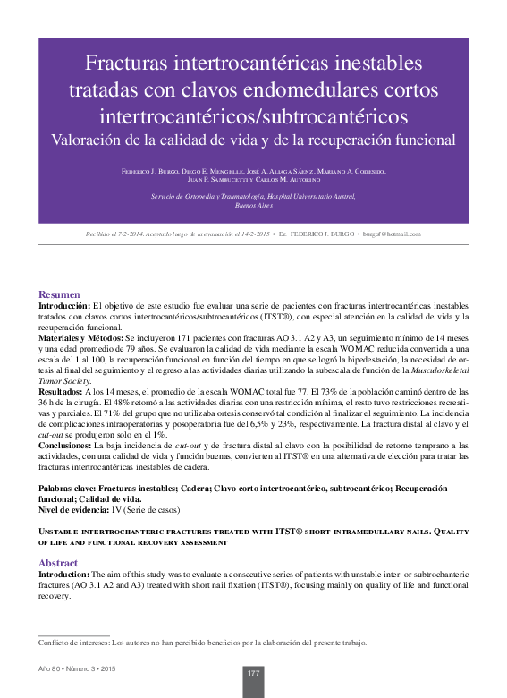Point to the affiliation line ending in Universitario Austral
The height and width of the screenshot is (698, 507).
[253, 195]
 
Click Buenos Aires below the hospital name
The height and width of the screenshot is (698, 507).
[253, 205]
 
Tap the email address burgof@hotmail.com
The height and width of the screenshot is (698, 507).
[391, 234]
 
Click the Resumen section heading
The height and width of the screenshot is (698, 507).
[59, 294]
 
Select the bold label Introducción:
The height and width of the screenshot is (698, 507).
[65, 306]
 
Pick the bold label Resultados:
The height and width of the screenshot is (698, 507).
[62, 392]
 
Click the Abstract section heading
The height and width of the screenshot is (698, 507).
[58, 563]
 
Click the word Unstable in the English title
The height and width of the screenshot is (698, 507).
[60, 532]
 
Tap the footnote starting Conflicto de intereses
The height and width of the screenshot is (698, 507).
[202, 643]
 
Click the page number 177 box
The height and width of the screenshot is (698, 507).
[253, 673]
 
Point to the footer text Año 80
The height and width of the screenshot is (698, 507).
[50, 670]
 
